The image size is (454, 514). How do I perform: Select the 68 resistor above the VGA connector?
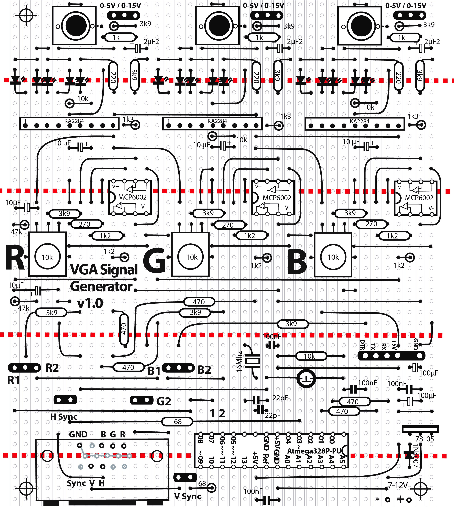177,422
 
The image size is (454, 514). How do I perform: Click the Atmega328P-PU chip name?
314,451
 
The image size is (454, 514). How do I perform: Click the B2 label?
204,370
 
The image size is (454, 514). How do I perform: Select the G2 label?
164,401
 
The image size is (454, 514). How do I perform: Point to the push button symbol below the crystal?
306,378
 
